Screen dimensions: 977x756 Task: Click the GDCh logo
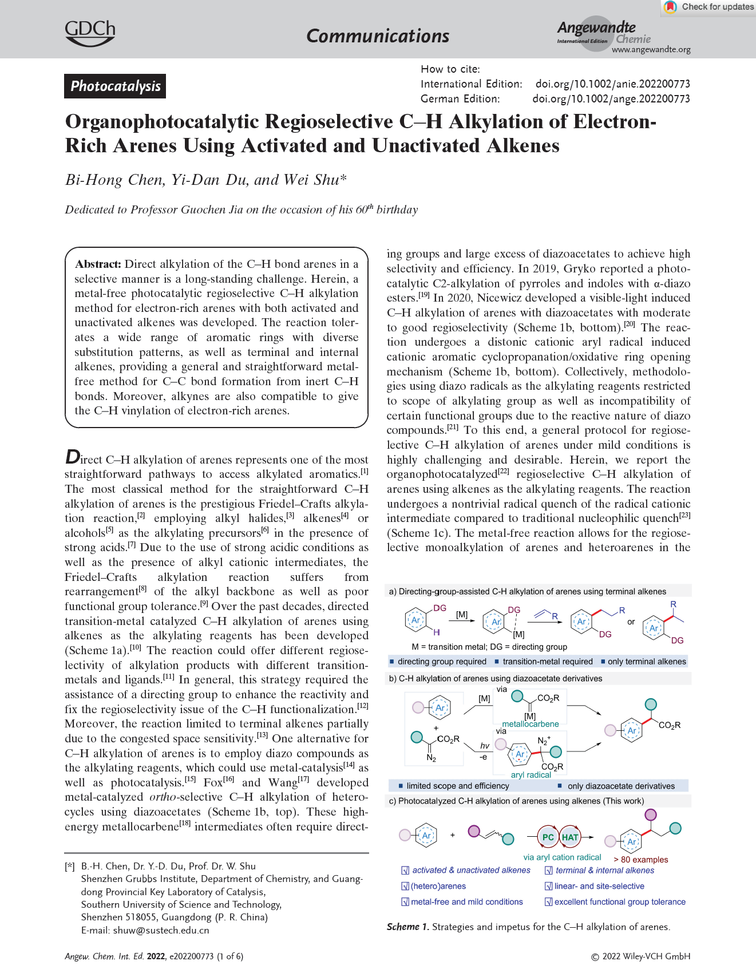(90, 33)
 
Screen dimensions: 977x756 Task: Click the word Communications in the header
(378, 36)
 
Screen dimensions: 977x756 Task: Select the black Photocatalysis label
(115, 86)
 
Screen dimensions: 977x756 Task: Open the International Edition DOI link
(612, 84)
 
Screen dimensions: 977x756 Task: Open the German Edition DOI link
(611, 99)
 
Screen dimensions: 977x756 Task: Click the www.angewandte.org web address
(651, 50)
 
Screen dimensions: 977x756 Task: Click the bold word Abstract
(98, 264)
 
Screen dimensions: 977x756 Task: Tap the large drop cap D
(73, 457)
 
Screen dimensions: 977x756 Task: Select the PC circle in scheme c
(548, 837)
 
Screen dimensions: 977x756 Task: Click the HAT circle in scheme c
(570, 837)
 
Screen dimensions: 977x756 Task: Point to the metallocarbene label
(530, 724)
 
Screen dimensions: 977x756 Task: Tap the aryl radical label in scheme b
(531, 775)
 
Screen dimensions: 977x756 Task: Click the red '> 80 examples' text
(640, 860)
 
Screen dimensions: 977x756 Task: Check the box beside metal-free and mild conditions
(405, 902)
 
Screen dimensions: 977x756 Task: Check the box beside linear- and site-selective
(548, 887)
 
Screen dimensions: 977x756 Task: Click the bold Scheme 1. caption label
(407, 927)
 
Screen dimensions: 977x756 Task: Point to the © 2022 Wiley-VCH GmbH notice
(640, 956)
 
